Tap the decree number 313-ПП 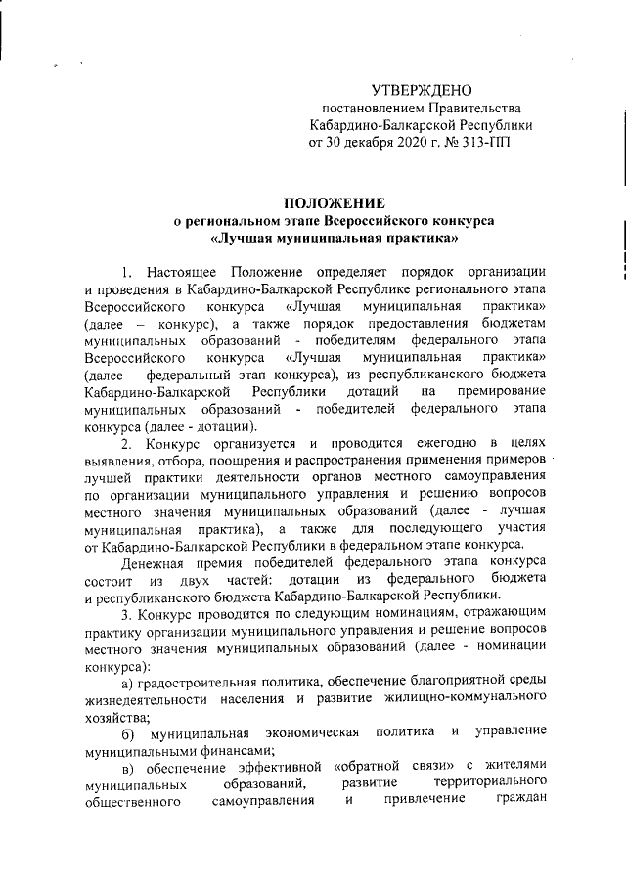pyautogui.click(x=487, y=143)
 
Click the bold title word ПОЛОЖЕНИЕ pyautogui.click(x=333, y=203)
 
